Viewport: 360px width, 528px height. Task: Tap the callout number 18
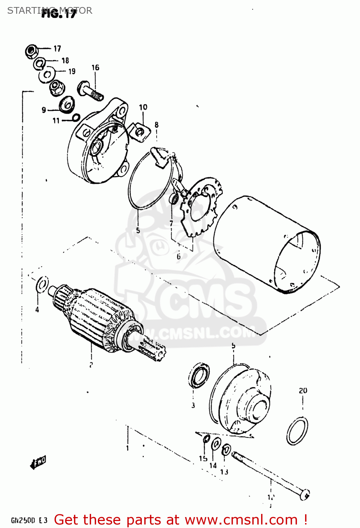click(65, 61)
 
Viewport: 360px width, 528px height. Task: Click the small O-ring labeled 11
click(76, 118)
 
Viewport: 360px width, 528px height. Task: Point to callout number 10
click(143, 107)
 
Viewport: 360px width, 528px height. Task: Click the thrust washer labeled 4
click(42, 284)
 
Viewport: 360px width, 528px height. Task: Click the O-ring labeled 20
click(297, 431)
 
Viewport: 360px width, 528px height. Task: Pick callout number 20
click(303, 390)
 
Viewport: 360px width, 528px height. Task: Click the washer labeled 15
click(207, 439)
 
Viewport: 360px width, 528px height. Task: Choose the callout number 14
click(213, 466)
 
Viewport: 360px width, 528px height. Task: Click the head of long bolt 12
click(305, 494)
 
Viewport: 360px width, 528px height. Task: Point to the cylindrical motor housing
click(267, 243)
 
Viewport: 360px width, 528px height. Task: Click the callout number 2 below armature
click(91, 365)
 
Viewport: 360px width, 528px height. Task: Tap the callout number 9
click(44, 110)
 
